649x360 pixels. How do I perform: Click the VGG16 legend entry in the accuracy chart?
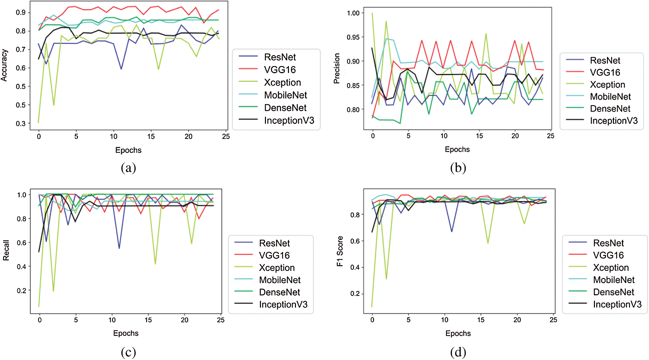point(280,70)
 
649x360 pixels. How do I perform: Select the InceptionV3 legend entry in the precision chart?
point(613,121)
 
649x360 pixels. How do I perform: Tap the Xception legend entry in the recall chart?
point(277,268)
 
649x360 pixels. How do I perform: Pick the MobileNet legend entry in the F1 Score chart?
point(614,280)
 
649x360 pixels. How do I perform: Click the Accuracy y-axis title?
point(4,65)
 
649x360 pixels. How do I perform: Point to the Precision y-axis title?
point(337,68)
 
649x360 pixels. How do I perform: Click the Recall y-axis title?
point(6,250)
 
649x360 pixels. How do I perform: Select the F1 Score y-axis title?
point(340,251)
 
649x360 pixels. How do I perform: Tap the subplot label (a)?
point(128,167)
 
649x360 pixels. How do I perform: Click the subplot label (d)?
point(458,352)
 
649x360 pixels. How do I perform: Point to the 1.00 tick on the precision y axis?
point(353,13)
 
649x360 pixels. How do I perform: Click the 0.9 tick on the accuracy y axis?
point(21,12)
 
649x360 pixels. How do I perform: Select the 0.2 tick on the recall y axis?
point(22,291)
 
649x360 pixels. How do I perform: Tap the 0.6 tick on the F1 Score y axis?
point(355,241)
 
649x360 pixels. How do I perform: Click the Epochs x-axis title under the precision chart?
point(457,149)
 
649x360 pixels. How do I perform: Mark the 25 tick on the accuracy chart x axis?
point(226,136)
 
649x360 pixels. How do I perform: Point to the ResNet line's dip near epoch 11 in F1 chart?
point(452,231)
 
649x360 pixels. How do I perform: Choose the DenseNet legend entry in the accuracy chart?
point(285,108)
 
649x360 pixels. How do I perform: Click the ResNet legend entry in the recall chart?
point(274,243)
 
